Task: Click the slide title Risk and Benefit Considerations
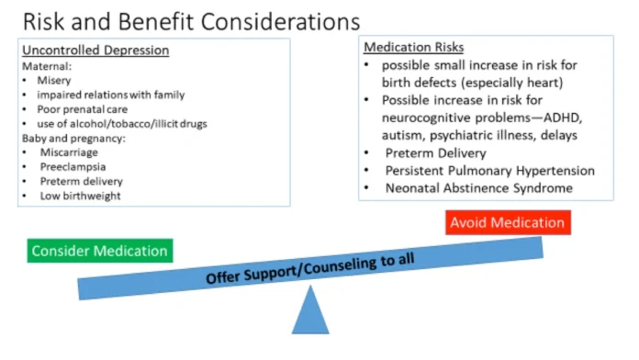tap(179, 20)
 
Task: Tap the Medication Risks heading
tap(413, 47)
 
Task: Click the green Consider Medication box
tap(99, 251)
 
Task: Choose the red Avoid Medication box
tap(506, 223)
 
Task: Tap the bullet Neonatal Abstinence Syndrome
tap(479, 188)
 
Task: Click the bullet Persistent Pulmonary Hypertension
tap(489, 171)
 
